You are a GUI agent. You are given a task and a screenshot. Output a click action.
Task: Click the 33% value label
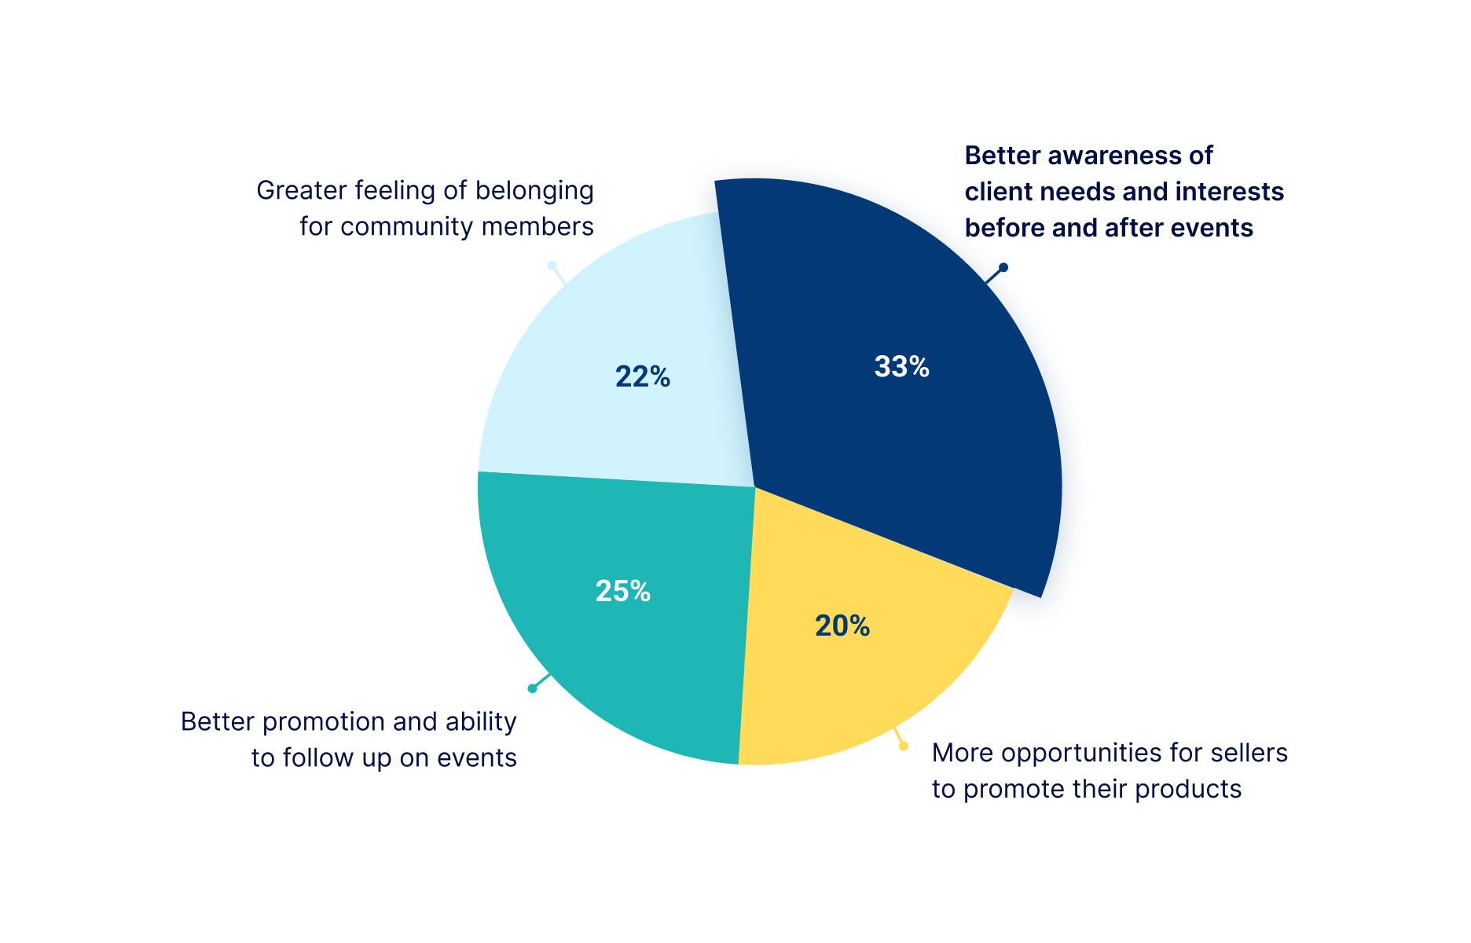(901, 367)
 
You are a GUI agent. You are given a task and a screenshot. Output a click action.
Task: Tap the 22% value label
(642, 377)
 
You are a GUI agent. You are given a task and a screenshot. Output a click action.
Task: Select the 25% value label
(622, 591)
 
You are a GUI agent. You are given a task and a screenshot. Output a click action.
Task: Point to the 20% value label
(842, 626)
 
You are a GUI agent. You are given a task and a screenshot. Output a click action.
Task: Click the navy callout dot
(1003, 267)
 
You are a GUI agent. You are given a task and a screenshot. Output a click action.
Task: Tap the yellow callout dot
(904, 746)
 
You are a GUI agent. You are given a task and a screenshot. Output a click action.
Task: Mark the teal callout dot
(532, 688)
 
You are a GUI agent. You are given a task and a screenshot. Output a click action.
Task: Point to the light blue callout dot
(552, 266)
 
